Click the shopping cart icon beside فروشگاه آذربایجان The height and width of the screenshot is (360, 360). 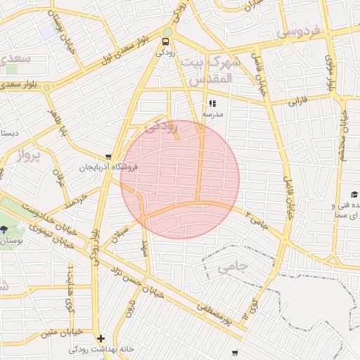click(x=108, y=157)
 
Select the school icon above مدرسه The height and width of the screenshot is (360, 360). click(x=212, y=103)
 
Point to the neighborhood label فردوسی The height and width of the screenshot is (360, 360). click(x=298, y=32)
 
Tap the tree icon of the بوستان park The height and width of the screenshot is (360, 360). click(x=5, y=229)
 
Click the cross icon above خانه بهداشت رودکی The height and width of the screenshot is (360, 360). click(x=101, y=337)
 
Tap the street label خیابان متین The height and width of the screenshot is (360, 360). click(x=62, y=330)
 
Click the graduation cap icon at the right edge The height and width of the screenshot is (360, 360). click(x=354, y=194)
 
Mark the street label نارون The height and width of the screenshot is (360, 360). click(x=130, y=309)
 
